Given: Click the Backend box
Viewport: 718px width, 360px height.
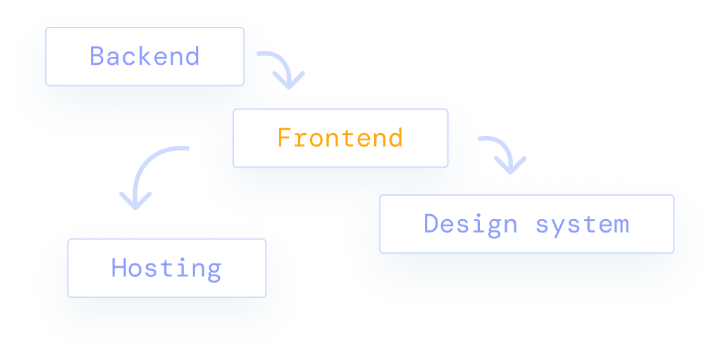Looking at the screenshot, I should click(144, 56).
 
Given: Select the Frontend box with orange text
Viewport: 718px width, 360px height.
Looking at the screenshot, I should click(340, 138).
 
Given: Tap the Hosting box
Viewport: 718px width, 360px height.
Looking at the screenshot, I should click(166, 268).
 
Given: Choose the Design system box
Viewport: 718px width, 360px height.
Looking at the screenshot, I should click(526, 224).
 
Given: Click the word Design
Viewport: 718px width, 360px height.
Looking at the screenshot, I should click(470, 224).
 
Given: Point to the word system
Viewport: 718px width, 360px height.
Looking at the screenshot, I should click(581, 225).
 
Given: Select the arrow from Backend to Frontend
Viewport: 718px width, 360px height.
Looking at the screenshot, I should click(281, 67).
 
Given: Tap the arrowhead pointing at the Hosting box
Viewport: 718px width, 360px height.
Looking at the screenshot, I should click(136, 201).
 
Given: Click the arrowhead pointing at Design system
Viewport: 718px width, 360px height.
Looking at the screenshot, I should click(511, 168).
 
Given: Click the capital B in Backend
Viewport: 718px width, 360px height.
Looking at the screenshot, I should click(97, 56).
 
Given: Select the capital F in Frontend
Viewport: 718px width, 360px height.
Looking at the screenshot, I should click(284, 138).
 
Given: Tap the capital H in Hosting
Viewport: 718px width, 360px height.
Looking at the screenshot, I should click(119, 268).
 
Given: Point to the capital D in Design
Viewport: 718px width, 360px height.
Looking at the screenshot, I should click(432, 224).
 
